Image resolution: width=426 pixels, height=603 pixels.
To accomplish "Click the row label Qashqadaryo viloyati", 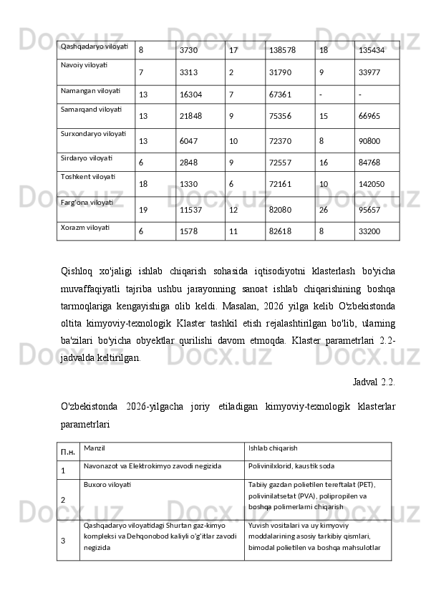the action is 95,47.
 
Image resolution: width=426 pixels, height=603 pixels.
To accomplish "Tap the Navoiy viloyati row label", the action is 84,64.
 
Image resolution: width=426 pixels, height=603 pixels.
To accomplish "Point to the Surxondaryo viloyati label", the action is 94,133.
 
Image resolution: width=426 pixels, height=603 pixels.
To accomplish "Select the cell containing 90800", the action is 369,141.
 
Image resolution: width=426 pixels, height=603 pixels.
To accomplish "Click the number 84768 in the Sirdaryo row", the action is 369,162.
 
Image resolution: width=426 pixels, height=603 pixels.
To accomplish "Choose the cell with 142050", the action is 372,184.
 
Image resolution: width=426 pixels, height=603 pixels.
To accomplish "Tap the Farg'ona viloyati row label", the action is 87,203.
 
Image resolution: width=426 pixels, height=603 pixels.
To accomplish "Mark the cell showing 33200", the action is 369,232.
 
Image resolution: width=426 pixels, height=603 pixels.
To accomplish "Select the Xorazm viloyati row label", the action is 85,227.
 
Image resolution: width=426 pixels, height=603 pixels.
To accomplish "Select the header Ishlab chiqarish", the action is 273,448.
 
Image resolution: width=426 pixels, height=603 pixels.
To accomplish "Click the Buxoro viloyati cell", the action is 107,484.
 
